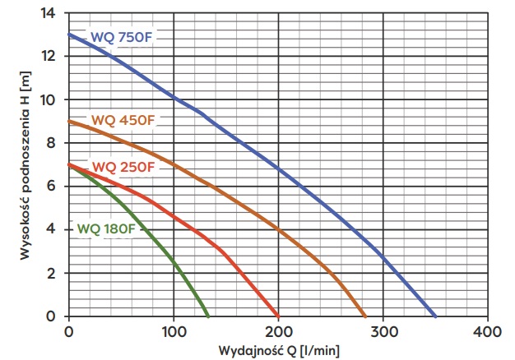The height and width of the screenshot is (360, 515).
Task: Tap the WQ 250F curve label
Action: (x=123, y=168)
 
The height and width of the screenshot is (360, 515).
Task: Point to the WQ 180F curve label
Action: (x=107, y=228)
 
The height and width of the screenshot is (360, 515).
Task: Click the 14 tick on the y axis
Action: (x=52, y=14)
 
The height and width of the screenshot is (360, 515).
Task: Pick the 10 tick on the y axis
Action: (x=52, y=100)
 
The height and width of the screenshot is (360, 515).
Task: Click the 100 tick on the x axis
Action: (x=174, y=331)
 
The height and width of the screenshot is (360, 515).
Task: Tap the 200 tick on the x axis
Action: (x=279, y=331)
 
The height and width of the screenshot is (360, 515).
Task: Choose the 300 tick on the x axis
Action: (x=383, y=331)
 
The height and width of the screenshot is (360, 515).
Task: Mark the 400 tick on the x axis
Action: (x=488, y=331)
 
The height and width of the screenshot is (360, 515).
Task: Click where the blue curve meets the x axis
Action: (x=435, y=316)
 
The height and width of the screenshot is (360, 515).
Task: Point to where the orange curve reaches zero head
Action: (x=364, y=316)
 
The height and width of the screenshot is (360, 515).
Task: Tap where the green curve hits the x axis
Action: (x=208, y=316)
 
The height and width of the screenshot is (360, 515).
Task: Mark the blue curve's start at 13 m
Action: (x=69, y=35)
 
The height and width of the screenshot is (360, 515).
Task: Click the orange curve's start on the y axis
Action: (x=69, y=122)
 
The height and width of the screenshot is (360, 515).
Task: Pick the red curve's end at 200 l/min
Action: (x=278, y=316)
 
